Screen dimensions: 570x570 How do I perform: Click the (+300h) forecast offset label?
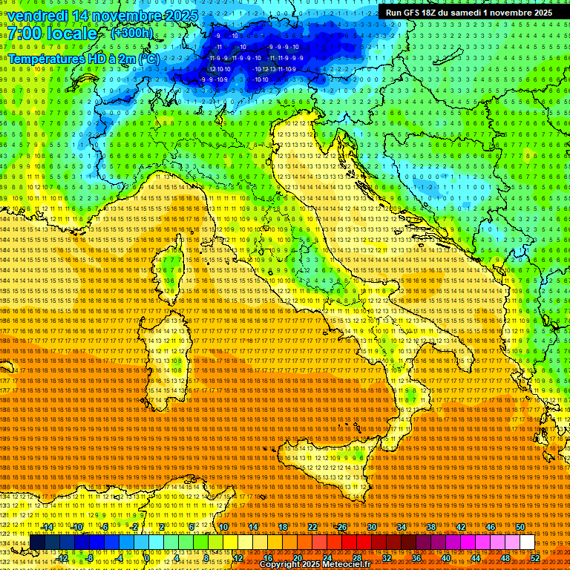[x=131, y=33]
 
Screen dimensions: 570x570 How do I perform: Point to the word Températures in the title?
[x=45, y=58]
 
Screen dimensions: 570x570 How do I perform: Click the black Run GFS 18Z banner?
[x=468, y=13]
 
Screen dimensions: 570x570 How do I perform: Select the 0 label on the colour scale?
[x=147, y=557]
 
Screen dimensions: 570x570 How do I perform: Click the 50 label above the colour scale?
[x=520, y=527]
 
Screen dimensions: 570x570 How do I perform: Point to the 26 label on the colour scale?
[x=341, y=527]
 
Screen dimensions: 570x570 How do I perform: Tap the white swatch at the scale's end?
[x=527, y=543]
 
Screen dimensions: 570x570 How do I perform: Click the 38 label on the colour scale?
[x=430, y=527]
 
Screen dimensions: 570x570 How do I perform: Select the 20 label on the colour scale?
[x=297, y=557]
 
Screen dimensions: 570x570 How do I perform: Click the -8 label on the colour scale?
[x=90, y=557]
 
